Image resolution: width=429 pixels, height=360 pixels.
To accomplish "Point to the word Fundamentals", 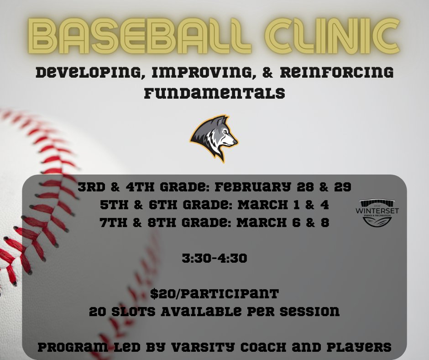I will coord(214,93).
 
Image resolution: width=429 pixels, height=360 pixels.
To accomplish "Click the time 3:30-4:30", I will coord(214,259).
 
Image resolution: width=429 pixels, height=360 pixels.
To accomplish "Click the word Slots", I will coord(132,312).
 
